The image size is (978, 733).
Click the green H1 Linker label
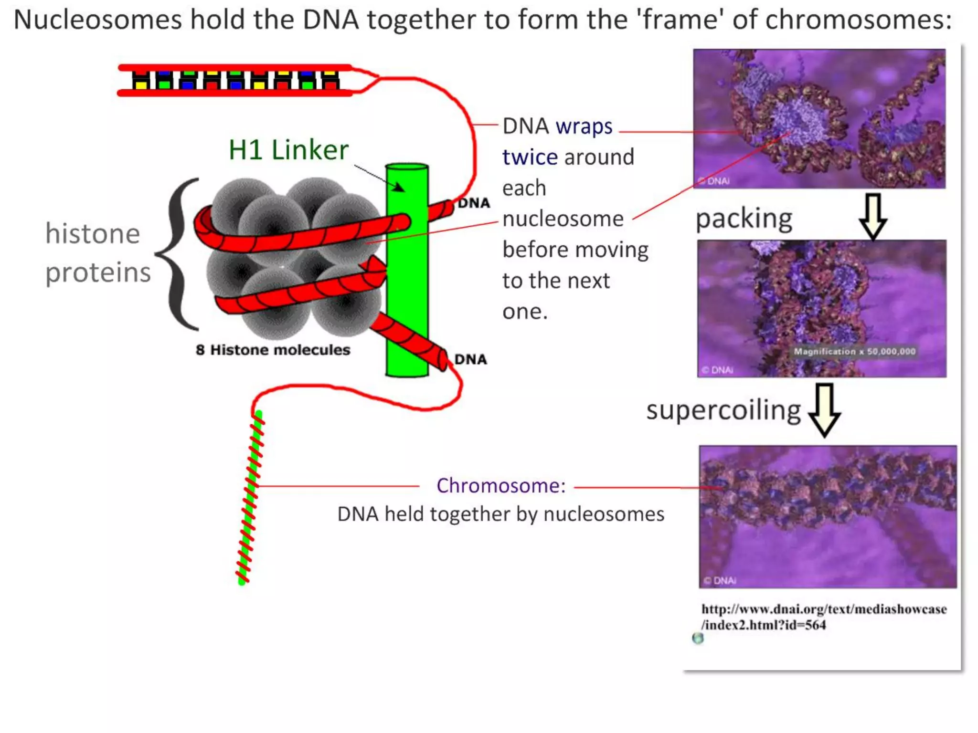tap(288, 150)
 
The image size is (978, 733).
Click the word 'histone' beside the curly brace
tap(93, 234)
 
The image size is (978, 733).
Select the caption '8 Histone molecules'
tap(273, 350)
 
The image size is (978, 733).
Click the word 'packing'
tap(744, 219)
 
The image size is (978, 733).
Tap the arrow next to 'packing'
tap(873, 216)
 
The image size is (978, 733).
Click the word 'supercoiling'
tap(723, 410)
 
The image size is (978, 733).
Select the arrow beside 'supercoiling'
tap(825, 410)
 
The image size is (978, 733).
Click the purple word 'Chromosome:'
tap(500, 486)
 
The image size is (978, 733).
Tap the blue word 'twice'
tap(530, 157)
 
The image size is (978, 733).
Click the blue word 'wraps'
tap(584, 126)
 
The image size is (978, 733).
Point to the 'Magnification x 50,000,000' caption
tap(854, 352)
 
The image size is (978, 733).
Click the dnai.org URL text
tap(823, 617)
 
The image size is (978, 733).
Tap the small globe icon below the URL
tap(698, 639)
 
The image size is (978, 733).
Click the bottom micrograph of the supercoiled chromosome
tap(828, 516)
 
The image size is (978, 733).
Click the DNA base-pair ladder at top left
tap(235, 80)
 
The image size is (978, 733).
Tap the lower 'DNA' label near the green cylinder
tap(470, 359)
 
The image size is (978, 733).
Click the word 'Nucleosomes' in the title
tap(97, 20)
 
